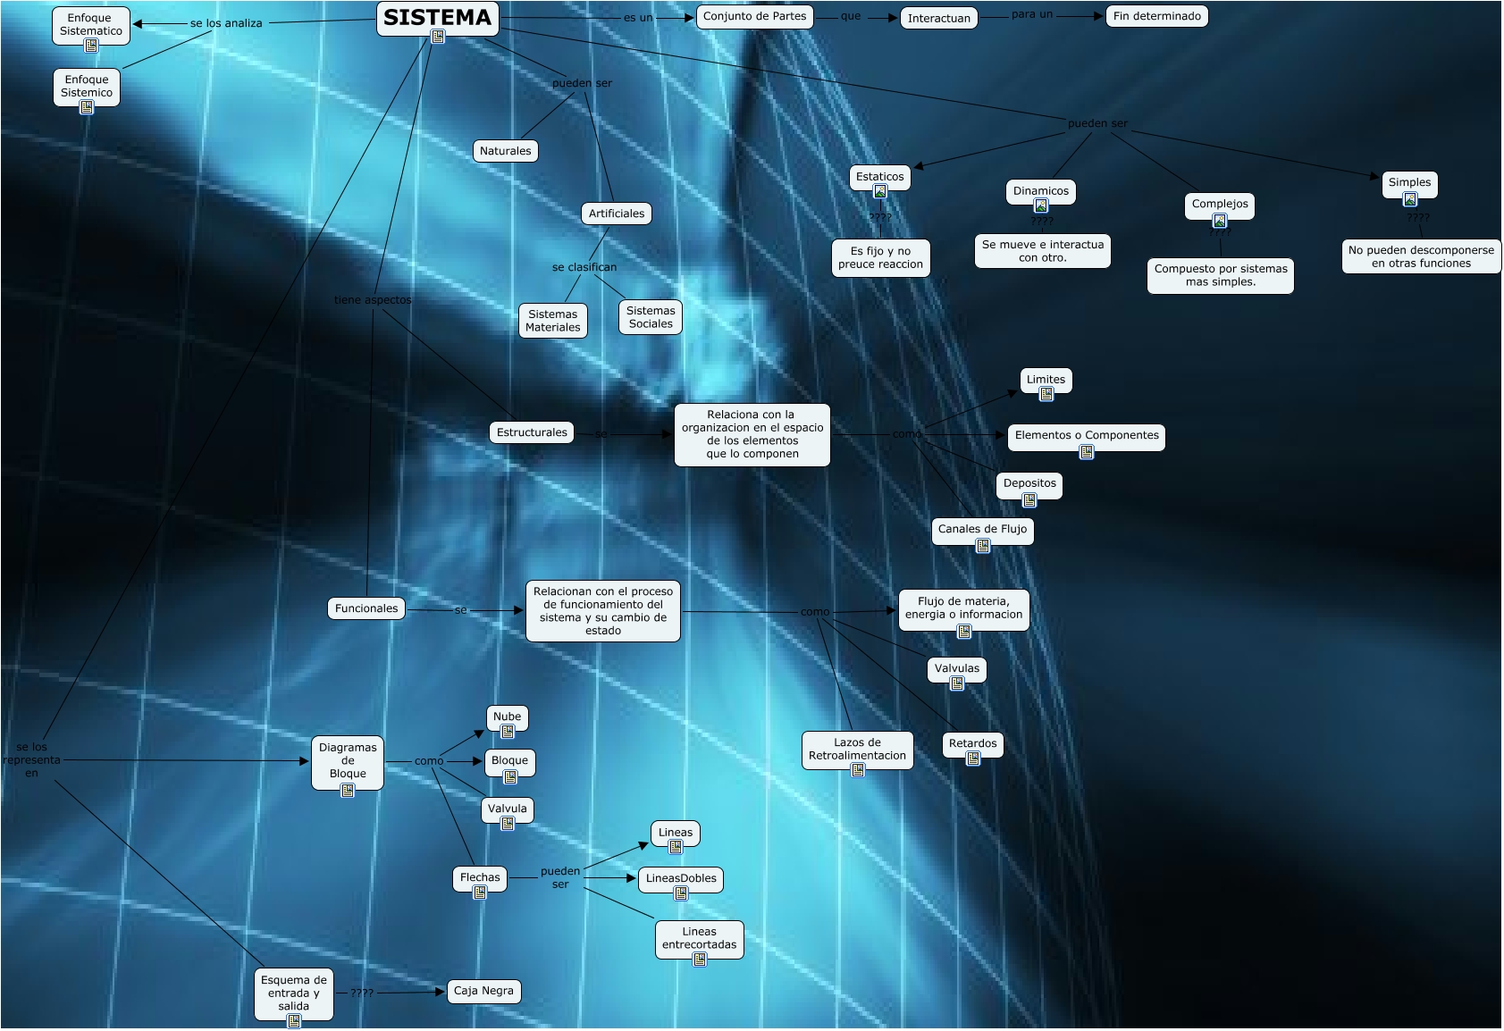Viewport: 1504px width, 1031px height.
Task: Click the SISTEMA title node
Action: tap(437, 18)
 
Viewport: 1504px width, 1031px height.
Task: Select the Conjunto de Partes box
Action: tap(754, 16)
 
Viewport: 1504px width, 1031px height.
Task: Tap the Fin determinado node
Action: tap(1156, 16)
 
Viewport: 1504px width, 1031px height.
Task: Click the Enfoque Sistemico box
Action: tap(87, 86)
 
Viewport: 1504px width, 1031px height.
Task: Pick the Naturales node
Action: tap(505, 151)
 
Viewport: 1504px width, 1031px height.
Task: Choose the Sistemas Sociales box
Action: tap(651, 317)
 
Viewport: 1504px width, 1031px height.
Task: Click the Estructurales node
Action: tap(532, 432)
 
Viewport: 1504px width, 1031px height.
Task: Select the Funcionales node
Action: tap(366, 608)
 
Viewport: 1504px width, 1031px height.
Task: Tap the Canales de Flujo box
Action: tap(982, 529)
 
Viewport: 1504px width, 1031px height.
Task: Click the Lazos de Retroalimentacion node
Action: tap(857, 749)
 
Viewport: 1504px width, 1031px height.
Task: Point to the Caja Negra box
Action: tap(483, 991)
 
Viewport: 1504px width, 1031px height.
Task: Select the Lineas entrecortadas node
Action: tap(699, 938)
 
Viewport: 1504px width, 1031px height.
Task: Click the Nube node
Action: tap(507, 717)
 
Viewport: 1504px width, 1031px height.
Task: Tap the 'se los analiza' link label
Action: tap(226, 23)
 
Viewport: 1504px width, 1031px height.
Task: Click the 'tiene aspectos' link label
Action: tap(373, 300)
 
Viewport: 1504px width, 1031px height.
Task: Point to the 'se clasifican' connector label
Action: tap(584, 267)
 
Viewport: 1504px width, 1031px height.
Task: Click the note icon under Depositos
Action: tap(1029, 500)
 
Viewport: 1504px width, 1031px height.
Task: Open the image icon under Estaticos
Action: tap(880, 192)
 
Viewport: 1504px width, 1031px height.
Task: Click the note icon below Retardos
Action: tap(973, 759)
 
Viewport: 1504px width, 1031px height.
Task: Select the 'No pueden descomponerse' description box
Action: tap(1421, 256)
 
